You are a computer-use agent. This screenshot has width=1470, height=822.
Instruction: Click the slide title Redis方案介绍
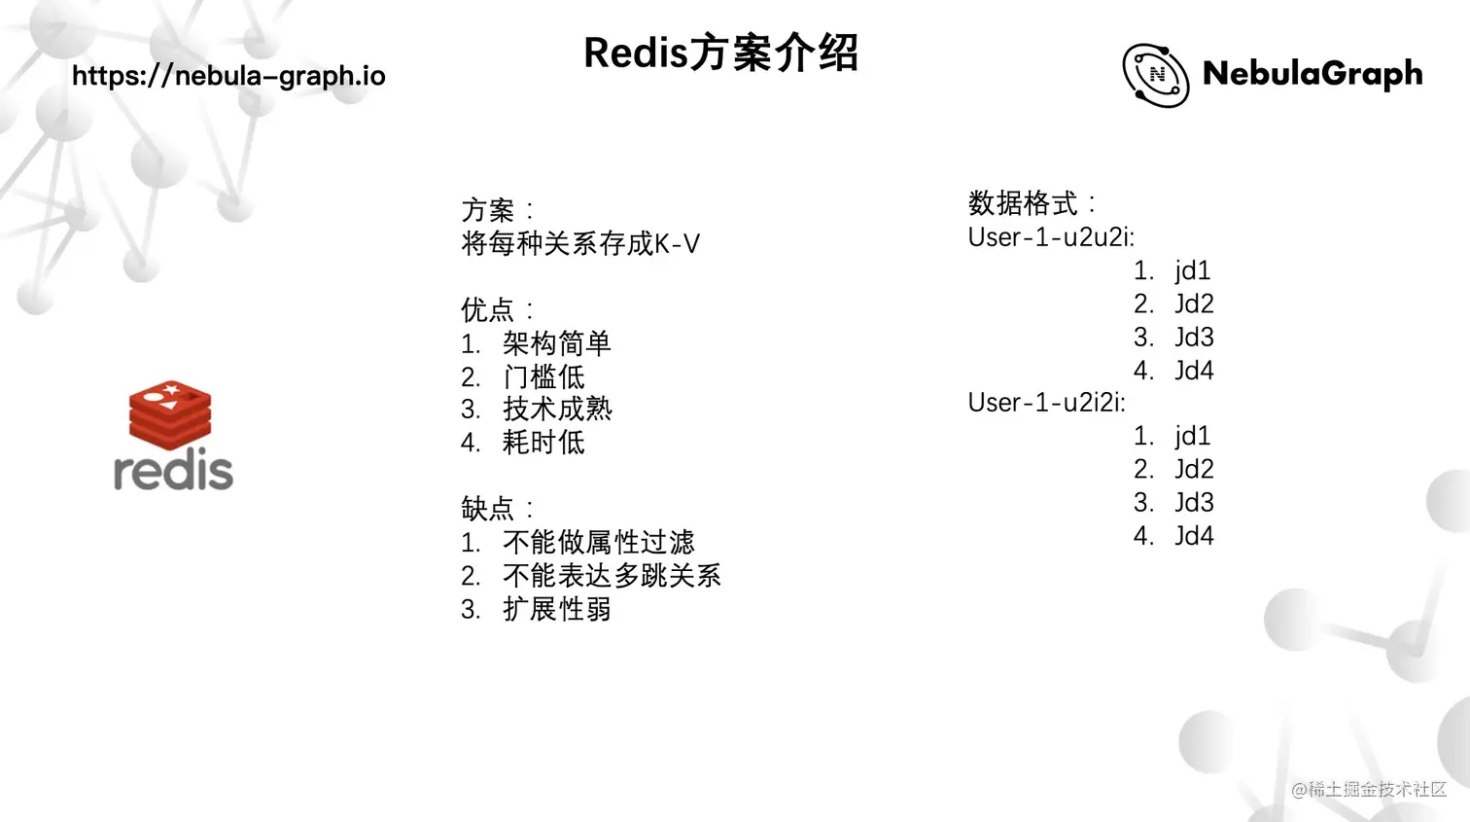[720, 54]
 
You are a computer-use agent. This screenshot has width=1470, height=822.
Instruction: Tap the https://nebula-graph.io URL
[228, 76]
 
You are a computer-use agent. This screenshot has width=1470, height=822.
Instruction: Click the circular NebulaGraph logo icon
[1155, 75]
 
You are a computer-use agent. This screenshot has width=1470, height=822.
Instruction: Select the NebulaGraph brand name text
[1312, 74]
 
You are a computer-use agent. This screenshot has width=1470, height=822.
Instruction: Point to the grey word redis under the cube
[173, 471]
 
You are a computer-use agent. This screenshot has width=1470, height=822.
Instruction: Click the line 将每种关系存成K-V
[580, 243]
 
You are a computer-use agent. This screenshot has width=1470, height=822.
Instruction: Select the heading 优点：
[497, 310]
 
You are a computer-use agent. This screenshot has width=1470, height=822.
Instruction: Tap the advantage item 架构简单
[556, 343]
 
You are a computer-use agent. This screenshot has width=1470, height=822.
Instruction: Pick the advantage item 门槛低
[543, 376]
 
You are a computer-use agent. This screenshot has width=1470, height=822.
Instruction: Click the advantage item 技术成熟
[557, 410]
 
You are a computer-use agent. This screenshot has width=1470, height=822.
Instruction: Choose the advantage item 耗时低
[543, 443]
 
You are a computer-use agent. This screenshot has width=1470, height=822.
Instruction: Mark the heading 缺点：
[497, 509]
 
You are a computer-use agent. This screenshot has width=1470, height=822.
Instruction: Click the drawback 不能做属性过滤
[598, 542]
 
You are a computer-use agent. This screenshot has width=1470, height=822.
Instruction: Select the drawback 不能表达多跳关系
[612, 576]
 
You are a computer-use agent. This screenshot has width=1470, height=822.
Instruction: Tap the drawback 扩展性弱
[556, 609]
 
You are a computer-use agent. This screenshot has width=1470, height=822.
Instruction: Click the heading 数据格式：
[1032, 203]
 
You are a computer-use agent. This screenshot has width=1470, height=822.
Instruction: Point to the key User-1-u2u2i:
[1051, 237]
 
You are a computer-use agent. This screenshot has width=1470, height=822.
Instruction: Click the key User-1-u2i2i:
[1046, 403]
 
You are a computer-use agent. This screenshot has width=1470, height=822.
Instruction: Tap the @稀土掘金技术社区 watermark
[1369, 790]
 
